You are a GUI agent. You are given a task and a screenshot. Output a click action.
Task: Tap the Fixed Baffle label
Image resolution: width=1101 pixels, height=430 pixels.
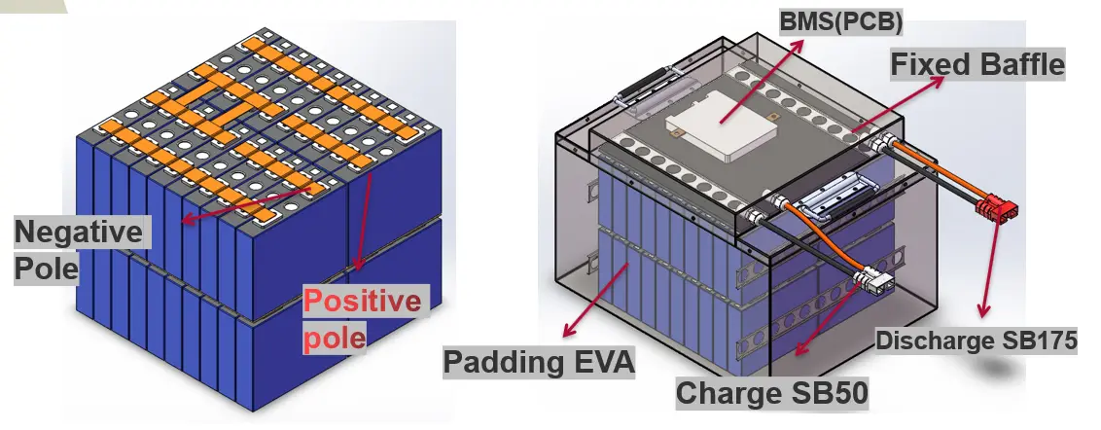tap(978, 65)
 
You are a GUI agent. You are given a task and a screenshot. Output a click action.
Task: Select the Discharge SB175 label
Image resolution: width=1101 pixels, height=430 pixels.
tap(977, 341)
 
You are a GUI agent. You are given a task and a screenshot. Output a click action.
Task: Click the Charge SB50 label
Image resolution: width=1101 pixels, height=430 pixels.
tap(771, 393)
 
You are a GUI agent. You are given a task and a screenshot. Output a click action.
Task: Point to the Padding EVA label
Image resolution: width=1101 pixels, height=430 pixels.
tap(539, 362)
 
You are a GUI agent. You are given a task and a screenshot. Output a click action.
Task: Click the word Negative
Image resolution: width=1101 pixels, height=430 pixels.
tap(78, 233)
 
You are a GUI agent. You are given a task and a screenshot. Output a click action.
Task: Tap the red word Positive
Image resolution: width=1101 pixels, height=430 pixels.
tap(362, 302)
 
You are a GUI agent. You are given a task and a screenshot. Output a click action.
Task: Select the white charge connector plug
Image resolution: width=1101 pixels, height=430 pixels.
tap(874, 283)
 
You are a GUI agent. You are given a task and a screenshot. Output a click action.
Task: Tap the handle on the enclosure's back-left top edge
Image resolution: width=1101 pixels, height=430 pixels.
tap(643, 85)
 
